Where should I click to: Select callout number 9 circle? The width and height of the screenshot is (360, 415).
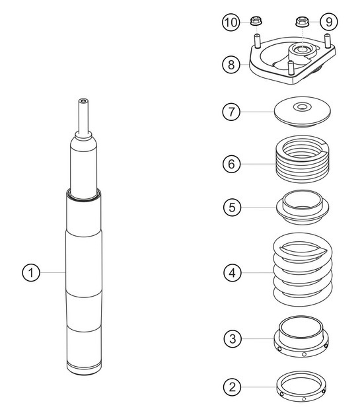click(x=329, y=22)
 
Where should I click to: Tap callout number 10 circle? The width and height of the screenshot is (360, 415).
click(x=230, y=22)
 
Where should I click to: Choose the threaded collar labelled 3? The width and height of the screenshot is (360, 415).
click(x=302, y=337)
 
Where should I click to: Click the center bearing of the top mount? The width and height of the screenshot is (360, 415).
click(x=303, y=50)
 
